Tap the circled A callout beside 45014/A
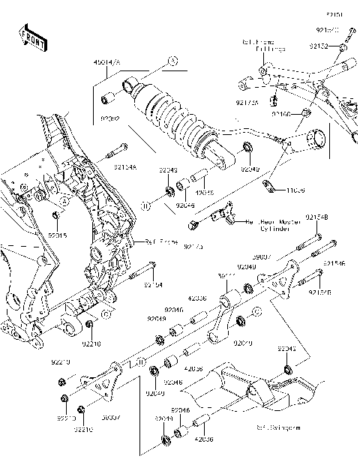172,61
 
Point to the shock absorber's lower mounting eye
219,156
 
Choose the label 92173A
247,102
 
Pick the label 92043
287,349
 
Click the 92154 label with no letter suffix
154,285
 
